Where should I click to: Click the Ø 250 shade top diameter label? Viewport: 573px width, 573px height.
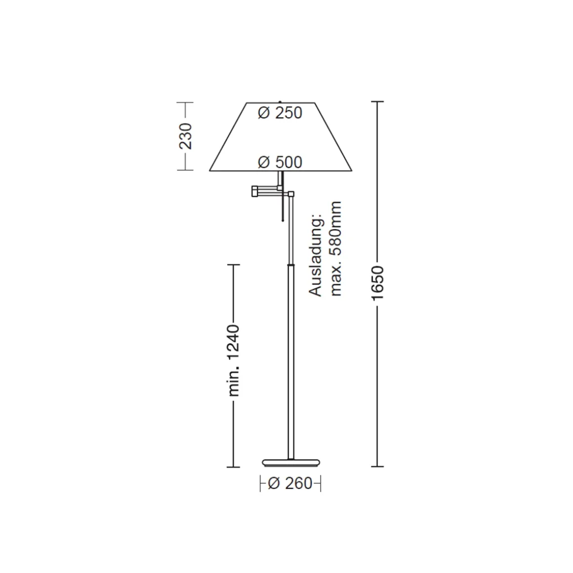point(280,113)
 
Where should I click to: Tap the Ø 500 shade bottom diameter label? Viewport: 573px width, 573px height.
point(280,162)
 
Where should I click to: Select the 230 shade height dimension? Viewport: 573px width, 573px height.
point(185,136)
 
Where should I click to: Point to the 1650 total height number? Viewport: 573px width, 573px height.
point(377,284)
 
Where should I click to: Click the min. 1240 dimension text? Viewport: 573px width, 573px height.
point(234,360)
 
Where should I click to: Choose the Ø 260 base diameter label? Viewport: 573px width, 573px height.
point(290,484)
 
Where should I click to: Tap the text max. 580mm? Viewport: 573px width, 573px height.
point(335,248)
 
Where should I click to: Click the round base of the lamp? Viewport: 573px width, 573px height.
point(291,463)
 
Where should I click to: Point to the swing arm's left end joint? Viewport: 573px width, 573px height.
point(254,191)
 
